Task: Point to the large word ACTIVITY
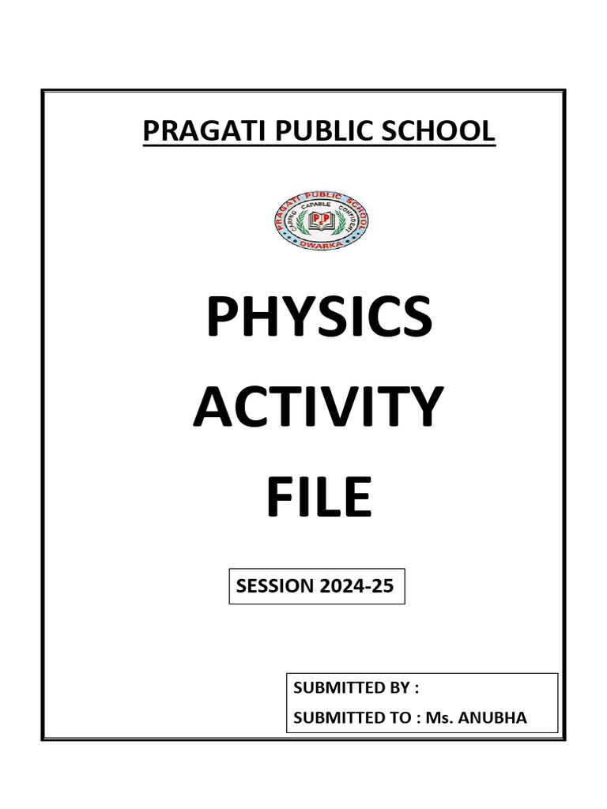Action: pos(318,408)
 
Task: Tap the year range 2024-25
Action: pos(356,586)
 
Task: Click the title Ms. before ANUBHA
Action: pos(439,717)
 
